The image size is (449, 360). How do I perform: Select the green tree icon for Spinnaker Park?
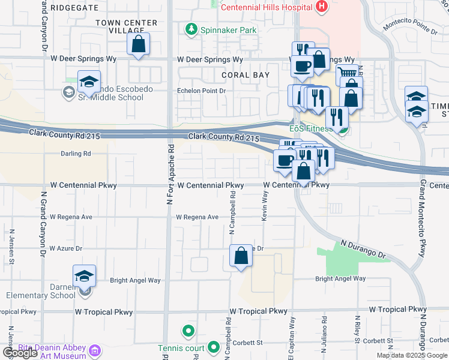(x=191, y=29)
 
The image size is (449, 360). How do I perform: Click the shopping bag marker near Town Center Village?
(x=138, y=44)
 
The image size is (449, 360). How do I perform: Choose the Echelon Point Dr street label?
(x=200, y=91)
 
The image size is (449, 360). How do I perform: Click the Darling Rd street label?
(x=75, y=154)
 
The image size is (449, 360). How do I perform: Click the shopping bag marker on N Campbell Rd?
(x=241, y=256)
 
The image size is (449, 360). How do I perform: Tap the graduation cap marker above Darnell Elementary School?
(x=84, y=276)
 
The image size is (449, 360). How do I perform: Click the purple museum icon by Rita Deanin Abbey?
(x=94, y=350)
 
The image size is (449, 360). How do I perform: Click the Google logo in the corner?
(x=20, y=353)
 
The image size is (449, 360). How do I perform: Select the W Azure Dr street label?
(x=65, y=248)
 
